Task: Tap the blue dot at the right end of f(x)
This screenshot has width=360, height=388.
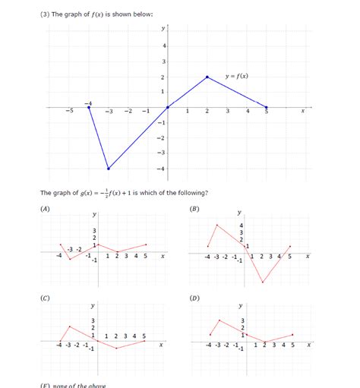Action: pos(267,107)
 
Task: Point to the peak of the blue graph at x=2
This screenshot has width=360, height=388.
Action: pos(207,77)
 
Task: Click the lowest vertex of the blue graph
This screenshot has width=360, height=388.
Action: pos(109,169)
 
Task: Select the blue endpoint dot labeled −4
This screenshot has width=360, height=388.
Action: pos(89,107)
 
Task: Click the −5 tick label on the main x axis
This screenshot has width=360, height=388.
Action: pos(69,112)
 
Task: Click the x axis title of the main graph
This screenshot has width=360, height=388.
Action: pos(302,112)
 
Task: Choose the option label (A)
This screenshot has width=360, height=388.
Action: pos(46,207)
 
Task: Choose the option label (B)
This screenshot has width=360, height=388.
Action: pos(195,207)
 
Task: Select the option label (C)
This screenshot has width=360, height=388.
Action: pos(46,298)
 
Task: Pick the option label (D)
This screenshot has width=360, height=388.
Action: pos(195,298)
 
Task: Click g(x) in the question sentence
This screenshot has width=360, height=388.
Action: pos(89,193)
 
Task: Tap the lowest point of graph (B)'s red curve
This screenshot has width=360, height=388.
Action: pos(263,283)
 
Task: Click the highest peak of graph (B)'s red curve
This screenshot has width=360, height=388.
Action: pos(217,225)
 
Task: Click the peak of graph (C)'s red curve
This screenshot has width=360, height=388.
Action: pos(69,327)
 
